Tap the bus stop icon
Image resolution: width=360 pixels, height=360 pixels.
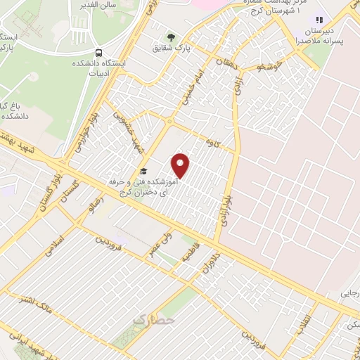[98, 53]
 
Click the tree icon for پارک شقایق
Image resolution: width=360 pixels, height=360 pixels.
[169, 37]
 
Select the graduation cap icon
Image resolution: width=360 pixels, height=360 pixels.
[143, 171]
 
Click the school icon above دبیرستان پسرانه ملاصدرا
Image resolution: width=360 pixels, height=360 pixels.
[320, 21]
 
